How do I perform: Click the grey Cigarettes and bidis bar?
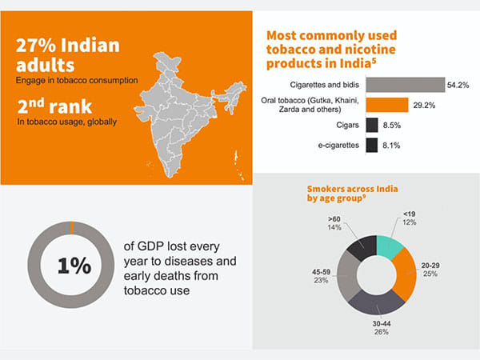pos(405,84)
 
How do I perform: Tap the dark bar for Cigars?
pos(372,125)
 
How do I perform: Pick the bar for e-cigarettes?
pos(371,145)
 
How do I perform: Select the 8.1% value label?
pos(392,145)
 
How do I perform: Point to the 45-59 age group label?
pos(321,275)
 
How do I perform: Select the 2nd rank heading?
pos(57,106)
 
